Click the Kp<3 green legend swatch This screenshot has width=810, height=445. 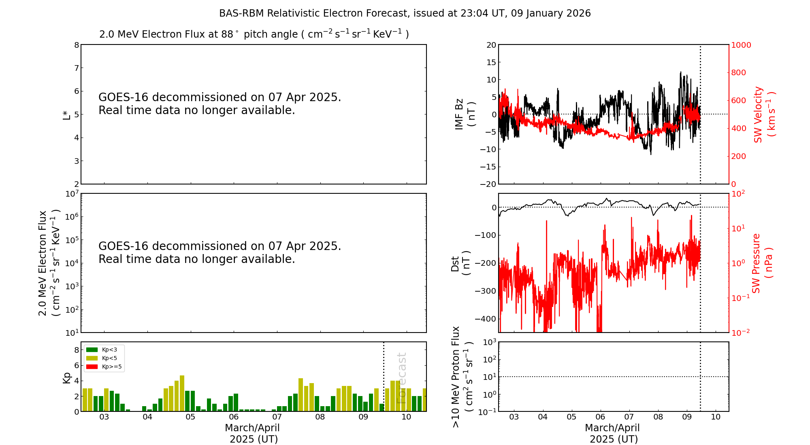coord(92,350)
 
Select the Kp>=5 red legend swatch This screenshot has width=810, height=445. coord(92,367)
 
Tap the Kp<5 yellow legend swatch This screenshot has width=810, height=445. coord(92,358)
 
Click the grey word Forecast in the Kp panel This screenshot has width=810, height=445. coord(401,378)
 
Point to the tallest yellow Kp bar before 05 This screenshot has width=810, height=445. coord(182,393)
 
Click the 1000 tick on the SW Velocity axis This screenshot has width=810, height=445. coord(741,45)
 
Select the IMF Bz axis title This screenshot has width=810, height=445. coord(464,114)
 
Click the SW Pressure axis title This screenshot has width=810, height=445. coord(762,263)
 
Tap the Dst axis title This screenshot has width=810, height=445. coord(460,263)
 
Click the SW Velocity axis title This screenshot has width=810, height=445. coord(764,114)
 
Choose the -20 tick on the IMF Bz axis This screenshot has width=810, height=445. coord(488,184)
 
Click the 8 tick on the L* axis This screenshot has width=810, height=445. coord(76,45)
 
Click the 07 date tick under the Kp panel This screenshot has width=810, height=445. coord(277,417)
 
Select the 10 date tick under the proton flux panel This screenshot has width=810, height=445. coord(716,417)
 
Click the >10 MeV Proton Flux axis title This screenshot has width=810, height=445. coord(462,377)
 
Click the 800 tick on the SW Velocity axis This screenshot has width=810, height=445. coord(738,73)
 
